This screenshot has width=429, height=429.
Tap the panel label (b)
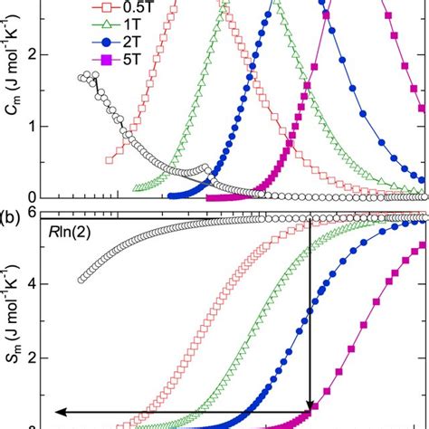[18, 214]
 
